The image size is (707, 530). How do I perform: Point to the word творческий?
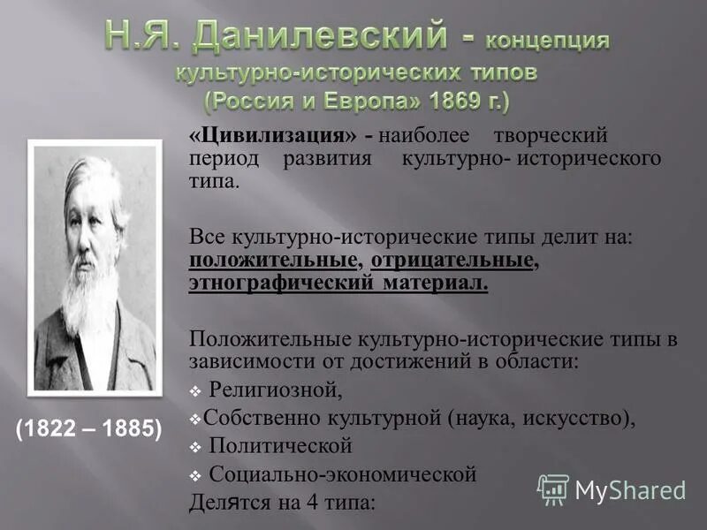pos(551,137)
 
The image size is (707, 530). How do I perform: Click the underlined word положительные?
pos(274,261)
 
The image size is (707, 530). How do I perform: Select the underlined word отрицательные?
pos(452,261)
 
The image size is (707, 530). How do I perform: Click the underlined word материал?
pos(436,284)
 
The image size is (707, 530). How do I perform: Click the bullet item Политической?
pos(280,445)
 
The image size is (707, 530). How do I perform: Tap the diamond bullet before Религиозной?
pos(195,389)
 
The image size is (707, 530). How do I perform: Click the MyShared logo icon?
pos(554,489)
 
